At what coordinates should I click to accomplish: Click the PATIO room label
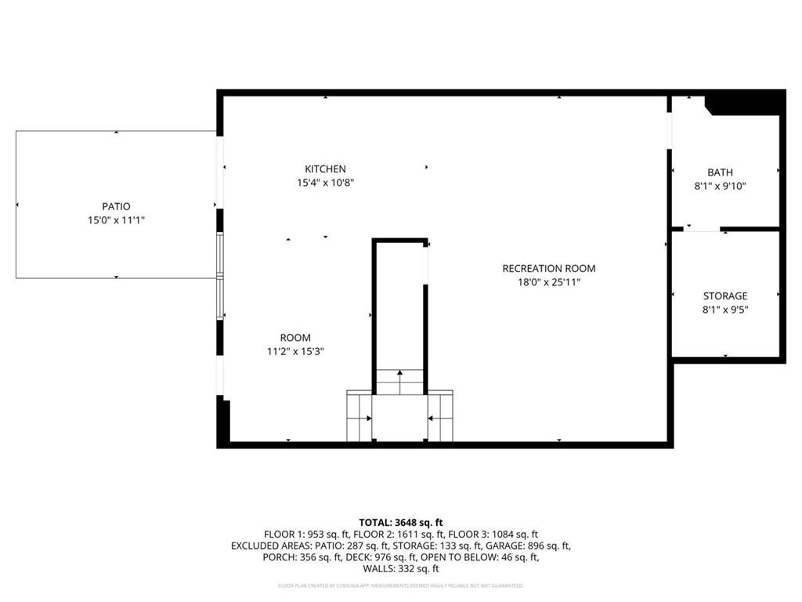[x=116, y=206]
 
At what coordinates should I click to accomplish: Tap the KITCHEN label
[x=325, y=169]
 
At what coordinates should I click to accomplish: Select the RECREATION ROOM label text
[x=544, y=268]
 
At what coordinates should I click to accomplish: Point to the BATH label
[x=720, y=172]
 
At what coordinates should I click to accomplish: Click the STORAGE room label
[x=724, y=296]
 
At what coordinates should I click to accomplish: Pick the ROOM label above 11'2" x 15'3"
[x=295, y=338]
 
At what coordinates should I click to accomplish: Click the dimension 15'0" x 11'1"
[x=116, y=221]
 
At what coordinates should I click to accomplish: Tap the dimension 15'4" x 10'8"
[x=325, y=183]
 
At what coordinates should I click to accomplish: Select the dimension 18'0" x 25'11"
[x=544, y=282]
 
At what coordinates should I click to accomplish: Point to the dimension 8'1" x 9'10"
[x=720, y=187]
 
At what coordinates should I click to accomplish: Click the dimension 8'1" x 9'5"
[x=724, y=310]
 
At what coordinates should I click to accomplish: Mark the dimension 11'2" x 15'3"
[x=295, y=352]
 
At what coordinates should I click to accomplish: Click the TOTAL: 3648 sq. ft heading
[x=401, y=522]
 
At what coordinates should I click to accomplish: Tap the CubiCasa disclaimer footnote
[x=401, y=586]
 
